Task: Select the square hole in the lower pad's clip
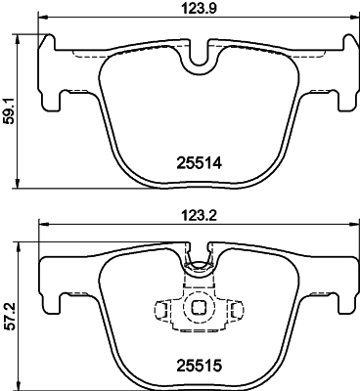[200, 308]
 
